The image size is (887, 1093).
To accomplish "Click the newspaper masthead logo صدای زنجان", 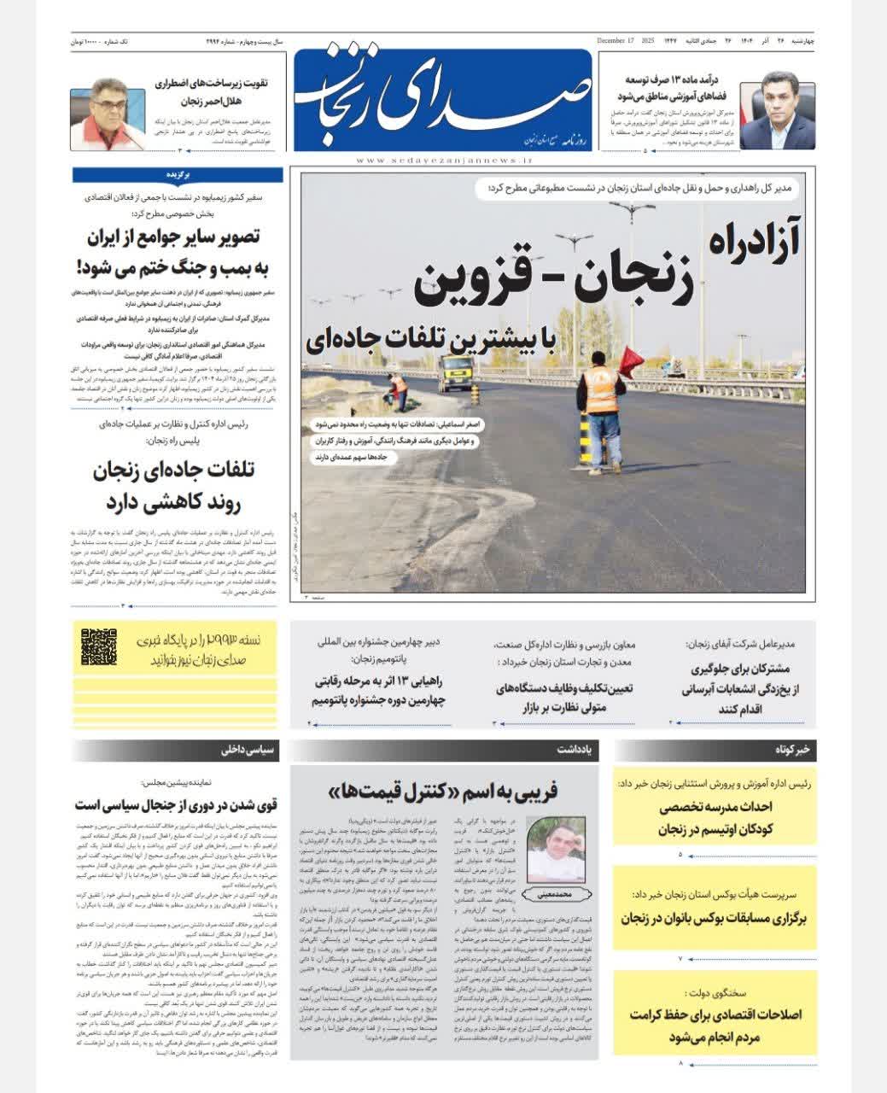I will point(442,98).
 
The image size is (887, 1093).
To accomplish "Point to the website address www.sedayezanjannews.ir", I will point(443,160).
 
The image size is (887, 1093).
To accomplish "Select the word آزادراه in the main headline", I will point(751,242).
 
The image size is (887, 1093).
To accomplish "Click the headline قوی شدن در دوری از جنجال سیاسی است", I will point(177,804).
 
